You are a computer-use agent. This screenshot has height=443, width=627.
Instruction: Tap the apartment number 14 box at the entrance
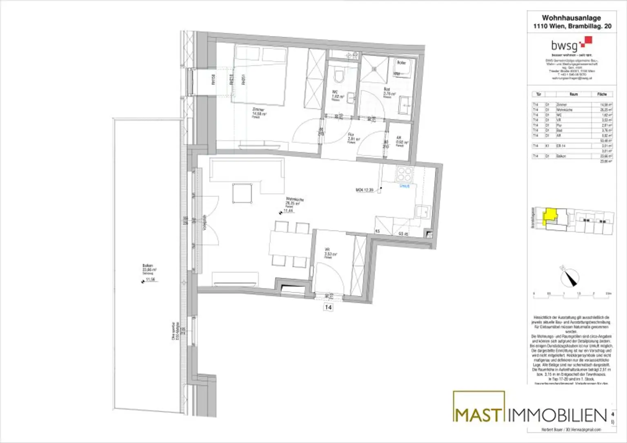point(328,308)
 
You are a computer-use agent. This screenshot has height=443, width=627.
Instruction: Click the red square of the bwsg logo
point(588,40)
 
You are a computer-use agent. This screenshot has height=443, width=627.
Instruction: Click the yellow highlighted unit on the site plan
point(550,214)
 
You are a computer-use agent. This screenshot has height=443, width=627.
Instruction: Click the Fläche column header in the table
point(602,94)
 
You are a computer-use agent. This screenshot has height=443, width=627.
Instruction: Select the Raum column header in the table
point(574,94)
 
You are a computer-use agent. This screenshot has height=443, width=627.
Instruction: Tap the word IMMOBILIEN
point(558,416)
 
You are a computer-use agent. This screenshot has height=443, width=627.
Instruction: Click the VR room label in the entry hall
point(327,250)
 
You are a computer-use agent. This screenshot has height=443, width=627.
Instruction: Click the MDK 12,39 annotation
point(365,190)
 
